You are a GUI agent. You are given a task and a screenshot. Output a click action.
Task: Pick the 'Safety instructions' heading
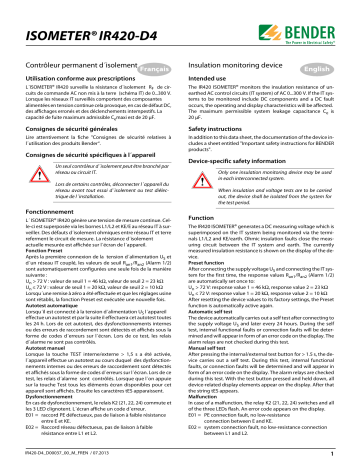[x=221, y=140]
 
